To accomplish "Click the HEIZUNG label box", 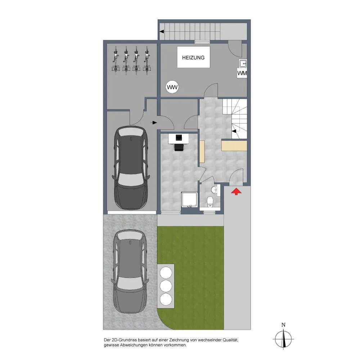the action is (x=194, y=57).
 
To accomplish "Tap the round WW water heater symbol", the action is (x=172, y=87).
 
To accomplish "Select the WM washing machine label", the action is (x=242, y=73).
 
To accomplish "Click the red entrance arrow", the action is (x=236, y=192).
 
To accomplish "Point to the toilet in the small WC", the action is (x=210, y=202).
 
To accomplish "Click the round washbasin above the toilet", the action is (x=214, y=190).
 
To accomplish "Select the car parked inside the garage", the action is (x=131, y=168).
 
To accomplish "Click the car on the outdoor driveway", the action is (x=130, y=271).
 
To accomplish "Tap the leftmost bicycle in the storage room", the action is (x=116, y=60).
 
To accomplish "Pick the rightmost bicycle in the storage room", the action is (x=147, y=60).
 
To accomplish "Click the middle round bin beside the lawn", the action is (x=166, y=286).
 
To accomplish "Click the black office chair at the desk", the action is (x=179, y=147).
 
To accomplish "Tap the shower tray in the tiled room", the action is (x=189, y=199).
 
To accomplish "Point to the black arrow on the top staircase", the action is (x=162, y=31).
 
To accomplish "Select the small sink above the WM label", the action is (x=243, y=63).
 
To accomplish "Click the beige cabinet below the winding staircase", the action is (x=234, y=145).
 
